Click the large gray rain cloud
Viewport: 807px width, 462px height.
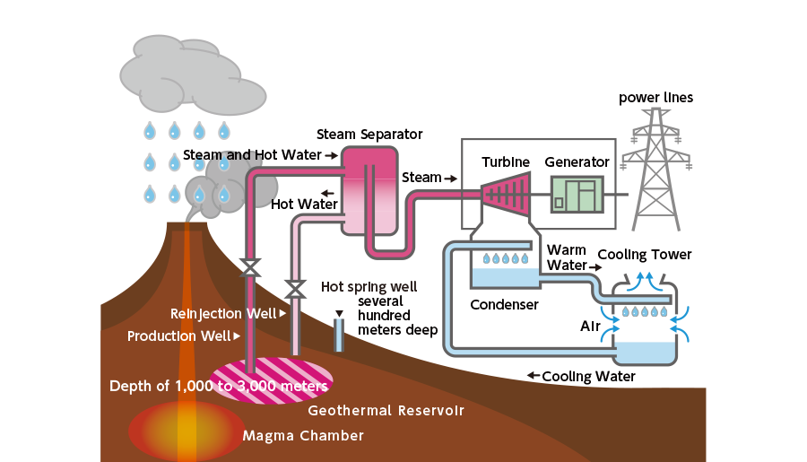click(x=183, y=76)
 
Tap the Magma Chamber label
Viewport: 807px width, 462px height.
click(x=303, y=436)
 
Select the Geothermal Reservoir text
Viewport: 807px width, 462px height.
click(x=386, y=411)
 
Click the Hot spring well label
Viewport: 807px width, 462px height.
click(x=369, y=288)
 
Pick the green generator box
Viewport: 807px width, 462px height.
click(x=577, y=194)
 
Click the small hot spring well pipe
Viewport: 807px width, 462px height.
click(x=338, y=334)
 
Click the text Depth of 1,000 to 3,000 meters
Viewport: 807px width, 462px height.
click(x=219, y=386)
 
